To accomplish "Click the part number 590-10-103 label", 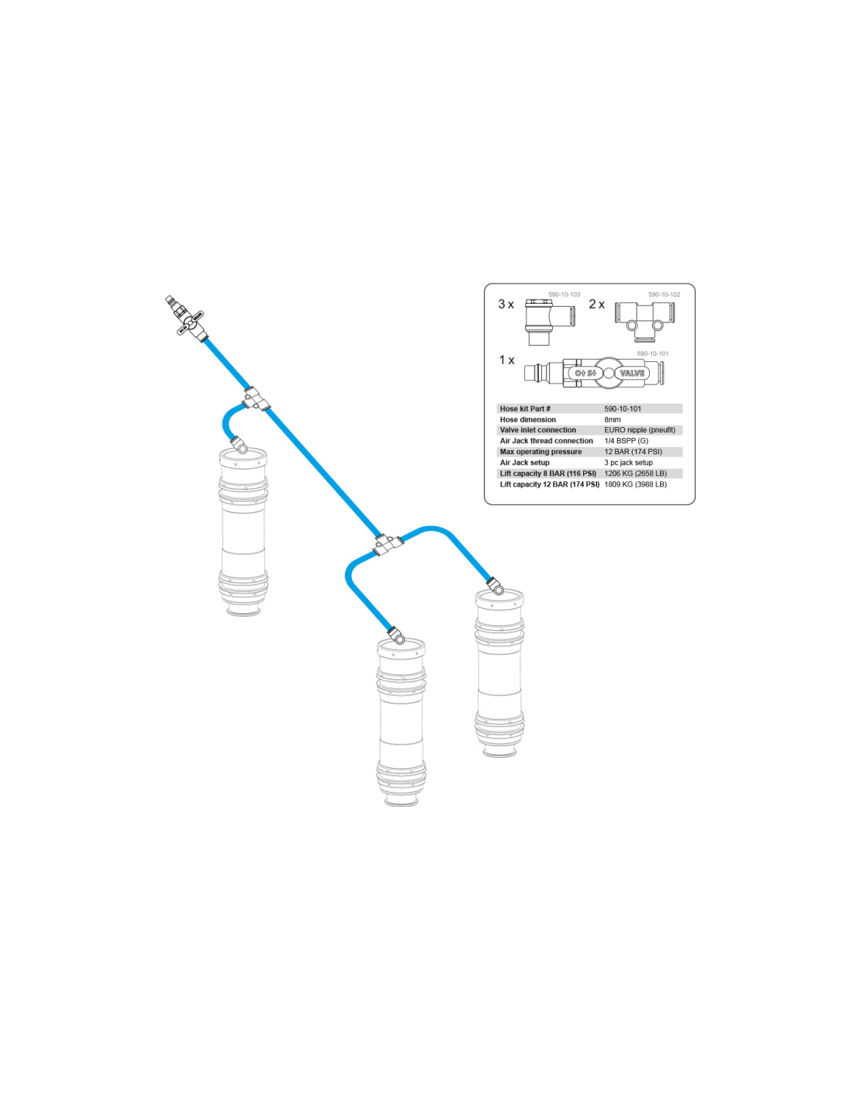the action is click(564, 294).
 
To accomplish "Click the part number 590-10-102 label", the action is click(665, 294).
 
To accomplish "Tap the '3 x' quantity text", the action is click(506, 305).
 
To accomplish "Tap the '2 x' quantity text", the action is click(597, 304).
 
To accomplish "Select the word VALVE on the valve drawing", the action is click(632, 373).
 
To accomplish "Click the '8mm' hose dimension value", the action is click(612, 419).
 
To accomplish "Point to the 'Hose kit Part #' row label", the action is click(525, 408).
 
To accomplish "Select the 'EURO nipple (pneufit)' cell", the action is click(640, 430).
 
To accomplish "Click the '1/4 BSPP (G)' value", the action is click(626, 441).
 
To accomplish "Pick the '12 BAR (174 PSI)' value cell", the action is click(633, 451).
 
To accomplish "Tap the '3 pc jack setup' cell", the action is click(628, 463).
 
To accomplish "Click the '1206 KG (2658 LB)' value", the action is click(635, 474).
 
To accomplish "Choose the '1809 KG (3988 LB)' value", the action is click(635, 484).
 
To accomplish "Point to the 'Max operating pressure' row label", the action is click(541, 452).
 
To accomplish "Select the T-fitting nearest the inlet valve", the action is click(255, 399).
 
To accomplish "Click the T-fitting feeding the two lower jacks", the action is click(389, 544).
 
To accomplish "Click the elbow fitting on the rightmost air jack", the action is click(496, 586).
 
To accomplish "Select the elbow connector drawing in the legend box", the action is click(549, 322).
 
